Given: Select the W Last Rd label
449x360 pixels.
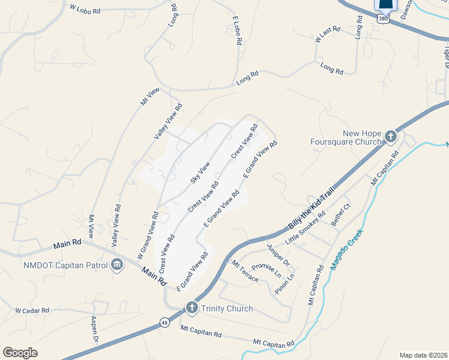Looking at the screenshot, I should pos(328,34).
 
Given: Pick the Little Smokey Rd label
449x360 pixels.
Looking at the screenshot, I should pos(305,229).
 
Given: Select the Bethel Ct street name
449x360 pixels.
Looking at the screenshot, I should pos(340,215).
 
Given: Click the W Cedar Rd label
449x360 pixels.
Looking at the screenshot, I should pos(32,311).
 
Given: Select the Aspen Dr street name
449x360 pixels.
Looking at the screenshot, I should pos(94,329).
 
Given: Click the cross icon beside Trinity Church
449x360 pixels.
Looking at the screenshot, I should pos(191,308).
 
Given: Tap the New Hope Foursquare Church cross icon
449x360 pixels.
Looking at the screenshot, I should pos(390,137).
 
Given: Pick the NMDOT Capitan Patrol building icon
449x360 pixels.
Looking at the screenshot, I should pos(117,265).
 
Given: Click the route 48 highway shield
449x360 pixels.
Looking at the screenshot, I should pos(164,323).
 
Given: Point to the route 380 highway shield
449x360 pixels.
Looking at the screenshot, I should pos(383,19).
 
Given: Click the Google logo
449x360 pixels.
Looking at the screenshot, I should pos(20,353).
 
